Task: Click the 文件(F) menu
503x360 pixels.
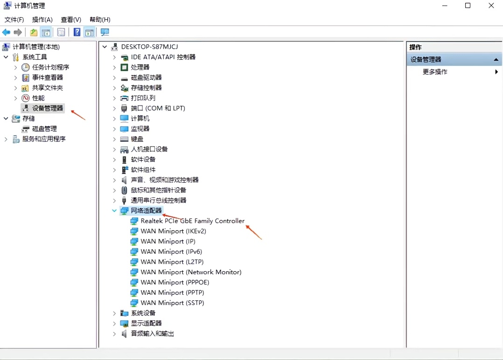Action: pyautogui.click(x=14, y=20)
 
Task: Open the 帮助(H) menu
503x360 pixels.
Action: pyautogui.click(x=100, y=20)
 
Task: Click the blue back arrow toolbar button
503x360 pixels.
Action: pyautogui.click(x=6, y=32)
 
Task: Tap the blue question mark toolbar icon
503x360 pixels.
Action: pyautogui.click(x=77, y=32)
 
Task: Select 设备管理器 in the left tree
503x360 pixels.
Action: pyautogui.click(x=48, y=108)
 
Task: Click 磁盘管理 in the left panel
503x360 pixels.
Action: pyautogui.click(x=44, y=129)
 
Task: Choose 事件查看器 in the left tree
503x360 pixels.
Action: pyautogui.click(x=48, y=78)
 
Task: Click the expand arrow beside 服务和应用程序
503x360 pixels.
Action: pyautogui.click(x=6, y=139)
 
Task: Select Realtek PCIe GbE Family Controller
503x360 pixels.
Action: pyautogui.click(x=192, y=221)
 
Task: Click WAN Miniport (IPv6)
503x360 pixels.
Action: pyautogui.click(x=171, y=252)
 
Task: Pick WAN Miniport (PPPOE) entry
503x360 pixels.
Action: pyautogui.click(x=175, y=282)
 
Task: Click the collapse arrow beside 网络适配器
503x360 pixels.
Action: pyautogui.click(x=114, y=211)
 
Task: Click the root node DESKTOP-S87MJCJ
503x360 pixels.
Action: pyautogui.click(x=149, y=47)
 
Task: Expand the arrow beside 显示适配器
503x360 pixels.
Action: pyautogui.click(x=114, y=324)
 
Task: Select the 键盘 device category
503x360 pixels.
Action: pyautogui.click(x=137, y=139)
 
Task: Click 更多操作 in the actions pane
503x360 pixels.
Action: pyautogui.click(x=435, y=72)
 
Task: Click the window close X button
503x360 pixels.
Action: pyautogui.click(x=491, y=6)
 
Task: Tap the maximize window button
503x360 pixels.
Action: pyautogui.click(x=468, y=6)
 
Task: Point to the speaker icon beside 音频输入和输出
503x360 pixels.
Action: pyautogui.click(x=124, y=334)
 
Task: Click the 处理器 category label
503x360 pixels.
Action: pyautogui.click(x=140, y=67)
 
